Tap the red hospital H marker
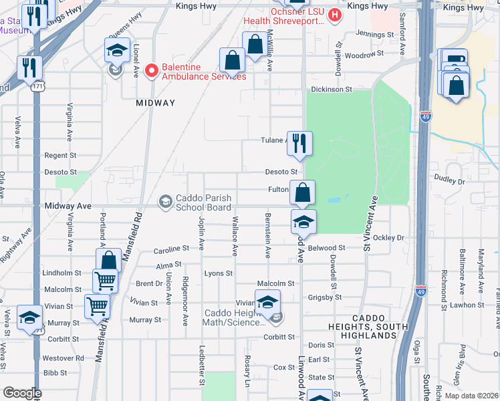click(x=335, y=13)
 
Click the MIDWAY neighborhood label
click(x=155, y=103)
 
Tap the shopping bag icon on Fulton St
click(x=302, y=193)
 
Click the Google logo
click(x=22, y=393)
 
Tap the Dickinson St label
click(x=330, y=89)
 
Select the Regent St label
click(x=60, y=155)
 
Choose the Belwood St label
click(x=327, y=248)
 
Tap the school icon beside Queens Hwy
click(x=116, y=50)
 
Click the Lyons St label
click(x=218, y=273)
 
